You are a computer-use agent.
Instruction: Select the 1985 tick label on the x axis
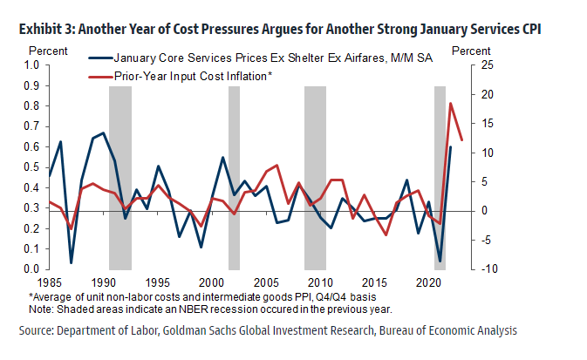pyautogui.click(x=50, y=283)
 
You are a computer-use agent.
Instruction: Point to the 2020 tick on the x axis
pyautogui.click(x=428, y=283)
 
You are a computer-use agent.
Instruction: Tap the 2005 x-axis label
pyautogui.click(x=266, y=283)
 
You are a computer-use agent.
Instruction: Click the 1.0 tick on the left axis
pyautogui.click(x=31, y=65)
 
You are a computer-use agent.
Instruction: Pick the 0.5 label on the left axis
pyautogui.click(x=31, y=167)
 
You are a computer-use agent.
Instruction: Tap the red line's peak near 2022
pyautogui.click(x=451, y=104)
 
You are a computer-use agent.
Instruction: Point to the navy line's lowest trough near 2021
pyautogui.click(x=440, y=261)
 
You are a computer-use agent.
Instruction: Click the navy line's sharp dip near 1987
pyautogui.click(x=72, y=262)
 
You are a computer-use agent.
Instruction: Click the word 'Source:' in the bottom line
pyautogui.click(x=38, y=330)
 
